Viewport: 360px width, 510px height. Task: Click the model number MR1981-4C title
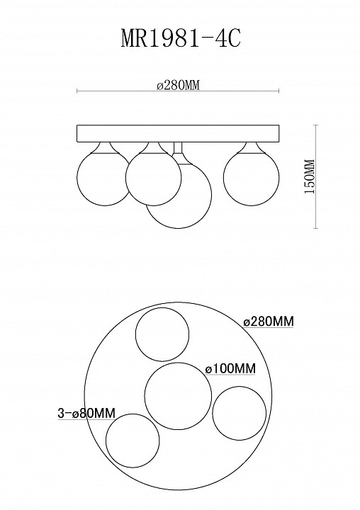coord(181,39)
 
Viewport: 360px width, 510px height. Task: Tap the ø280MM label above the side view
coord(178,85)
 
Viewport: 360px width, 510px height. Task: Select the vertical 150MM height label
coord(309,176)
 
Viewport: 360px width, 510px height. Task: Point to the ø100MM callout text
coord(230,369)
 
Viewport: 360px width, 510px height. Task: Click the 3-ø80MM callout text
coord(86,413)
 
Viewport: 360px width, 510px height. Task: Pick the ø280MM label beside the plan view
coord(269,322)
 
